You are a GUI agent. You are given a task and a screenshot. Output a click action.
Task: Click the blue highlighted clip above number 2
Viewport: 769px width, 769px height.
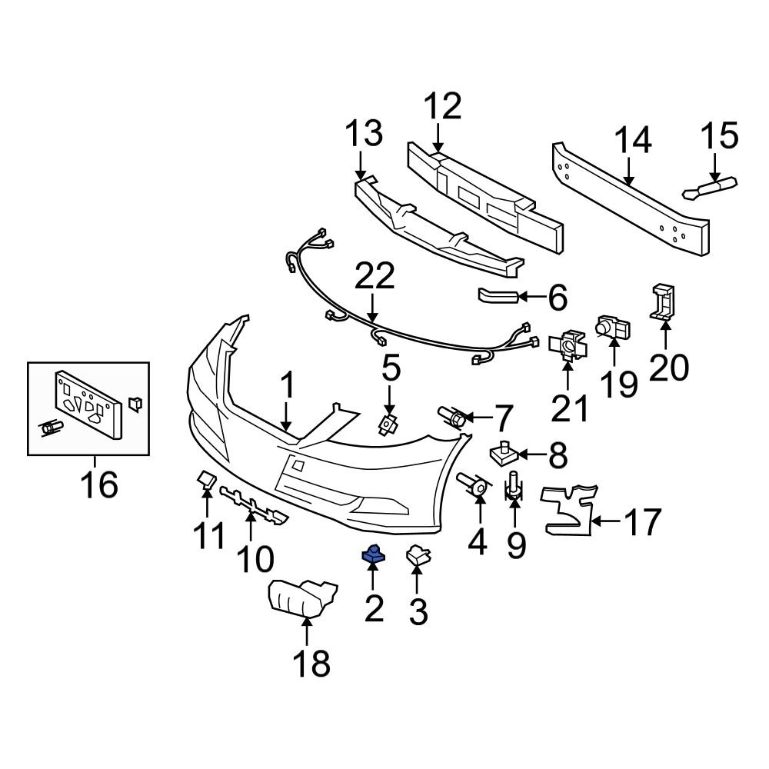[373, 551]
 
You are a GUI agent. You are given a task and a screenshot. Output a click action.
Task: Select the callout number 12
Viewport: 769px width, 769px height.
[441, 107]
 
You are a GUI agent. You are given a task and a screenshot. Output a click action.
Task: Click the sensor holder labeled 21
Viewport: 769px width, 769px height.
[568, 347]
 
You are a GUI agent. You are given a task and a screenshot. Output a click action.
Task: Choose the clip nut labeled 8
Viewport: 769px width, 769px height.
[504, 454]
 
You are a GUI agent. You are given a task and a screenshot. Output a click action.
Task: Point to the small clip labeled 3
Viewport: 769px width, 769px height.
[417, 555]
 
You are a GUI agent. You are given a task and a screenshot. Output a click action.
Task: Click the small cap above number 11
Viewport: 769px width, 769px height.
[206, 481]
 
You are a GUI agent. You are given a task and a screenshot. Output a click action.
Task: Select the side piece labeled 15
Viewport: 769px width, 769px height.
[709, 187]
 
